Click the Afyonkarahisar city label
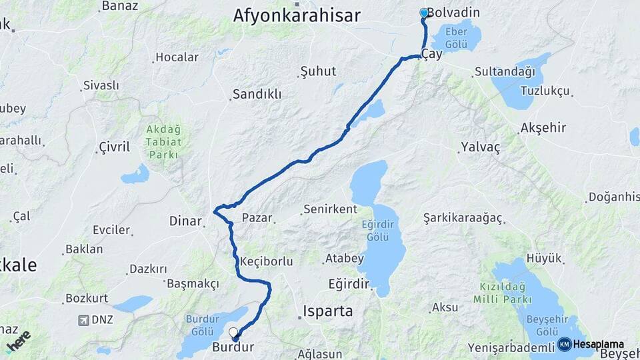297,15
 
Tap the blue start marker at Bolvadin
424,13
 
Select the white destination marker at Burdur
233,332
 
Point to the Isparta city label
327,311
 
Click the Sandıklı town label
257,94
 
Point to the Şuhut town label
318,71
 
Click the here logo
18,341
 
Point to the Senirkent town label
330,209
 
